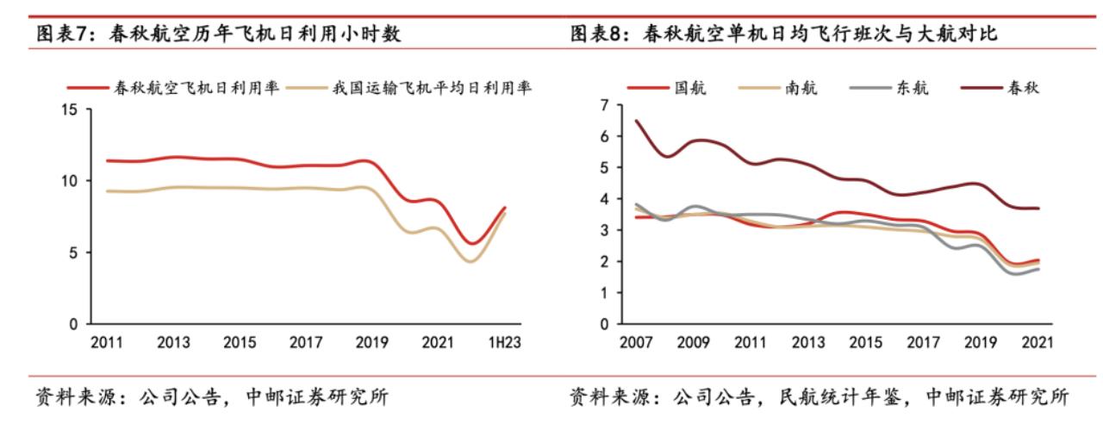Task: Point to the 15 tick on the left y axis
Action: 70,109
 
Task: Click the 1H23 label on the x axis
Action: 504,342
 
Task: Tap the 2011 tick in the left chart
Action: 108,342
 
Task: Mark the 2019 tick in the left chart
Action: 371,342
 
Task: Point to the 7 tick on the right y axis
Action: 605,105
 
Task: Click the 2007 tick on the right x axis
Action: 637,342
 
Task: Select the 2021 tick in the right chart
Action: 1035,342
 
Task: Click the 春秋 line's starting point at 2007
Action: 637,121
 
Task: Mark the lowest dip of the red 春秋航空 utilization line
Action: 471,244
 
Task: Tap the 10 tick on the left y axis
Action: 70,181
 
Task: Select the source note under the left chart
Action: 211,397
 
